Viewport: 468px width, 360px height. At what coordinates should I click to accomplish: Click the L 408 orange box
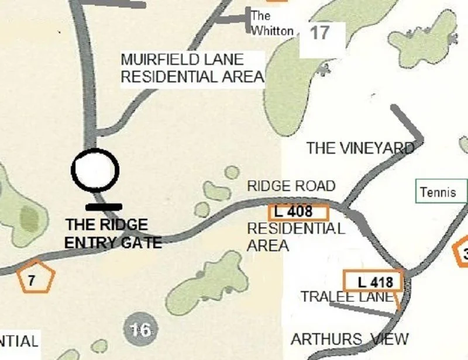point(298,212)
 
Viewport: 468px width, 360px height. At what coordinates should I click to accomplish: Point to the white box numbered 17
point(319,33)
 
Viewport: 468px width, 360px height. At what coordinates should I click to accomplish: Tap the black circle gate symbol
point(95,170)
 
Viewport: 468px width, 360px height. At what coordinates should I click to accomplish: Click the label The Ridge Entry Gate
point(112,233)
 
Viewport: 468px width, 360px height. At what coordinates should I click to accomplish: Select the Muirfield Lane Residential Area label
point(192,68)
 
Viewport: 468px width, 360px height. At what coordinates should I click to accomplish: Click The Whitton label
point(271,24)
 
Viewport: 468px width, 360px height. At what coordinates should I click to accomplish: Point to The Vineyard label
point(360,148)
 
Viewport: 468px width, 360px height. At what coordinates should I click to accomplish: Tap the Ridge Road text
point(291,186)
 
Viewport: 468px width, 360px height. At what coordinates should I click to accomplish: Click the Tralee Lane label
point(347,297)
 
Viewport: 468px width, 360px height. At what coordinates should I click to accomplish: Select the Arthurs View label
point(350,339)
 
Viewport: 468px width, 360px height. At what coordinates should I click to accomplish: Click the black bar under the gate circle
point(104,206)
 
